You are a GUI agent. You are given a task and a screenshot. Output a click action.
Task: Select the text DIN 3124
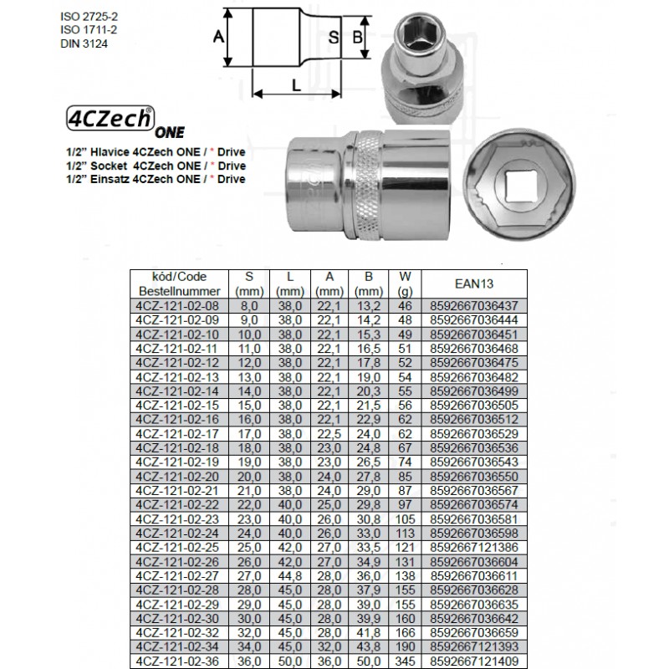pos(84,43)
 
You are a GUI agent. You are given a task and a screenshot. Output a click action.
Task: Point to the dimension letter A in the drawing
pos(218,37)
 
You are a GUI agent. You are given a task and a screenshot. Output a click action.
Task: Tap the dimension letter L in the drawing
pos(296,85)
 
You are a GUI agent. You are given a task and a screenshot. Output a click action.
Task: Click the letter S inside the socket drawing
pos(334,37)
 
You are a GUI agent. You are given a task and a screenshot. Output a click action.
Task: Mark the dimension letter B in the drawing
pos(357,37)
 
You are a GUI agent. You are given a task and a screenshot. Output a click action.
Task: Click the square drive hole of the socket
pos(519,186)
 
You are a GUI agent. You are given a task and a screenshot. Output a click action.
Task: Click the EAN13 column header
pos(474,283)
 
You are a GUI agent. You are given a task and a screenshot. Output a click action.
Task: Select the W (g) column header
pos(405,284)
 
